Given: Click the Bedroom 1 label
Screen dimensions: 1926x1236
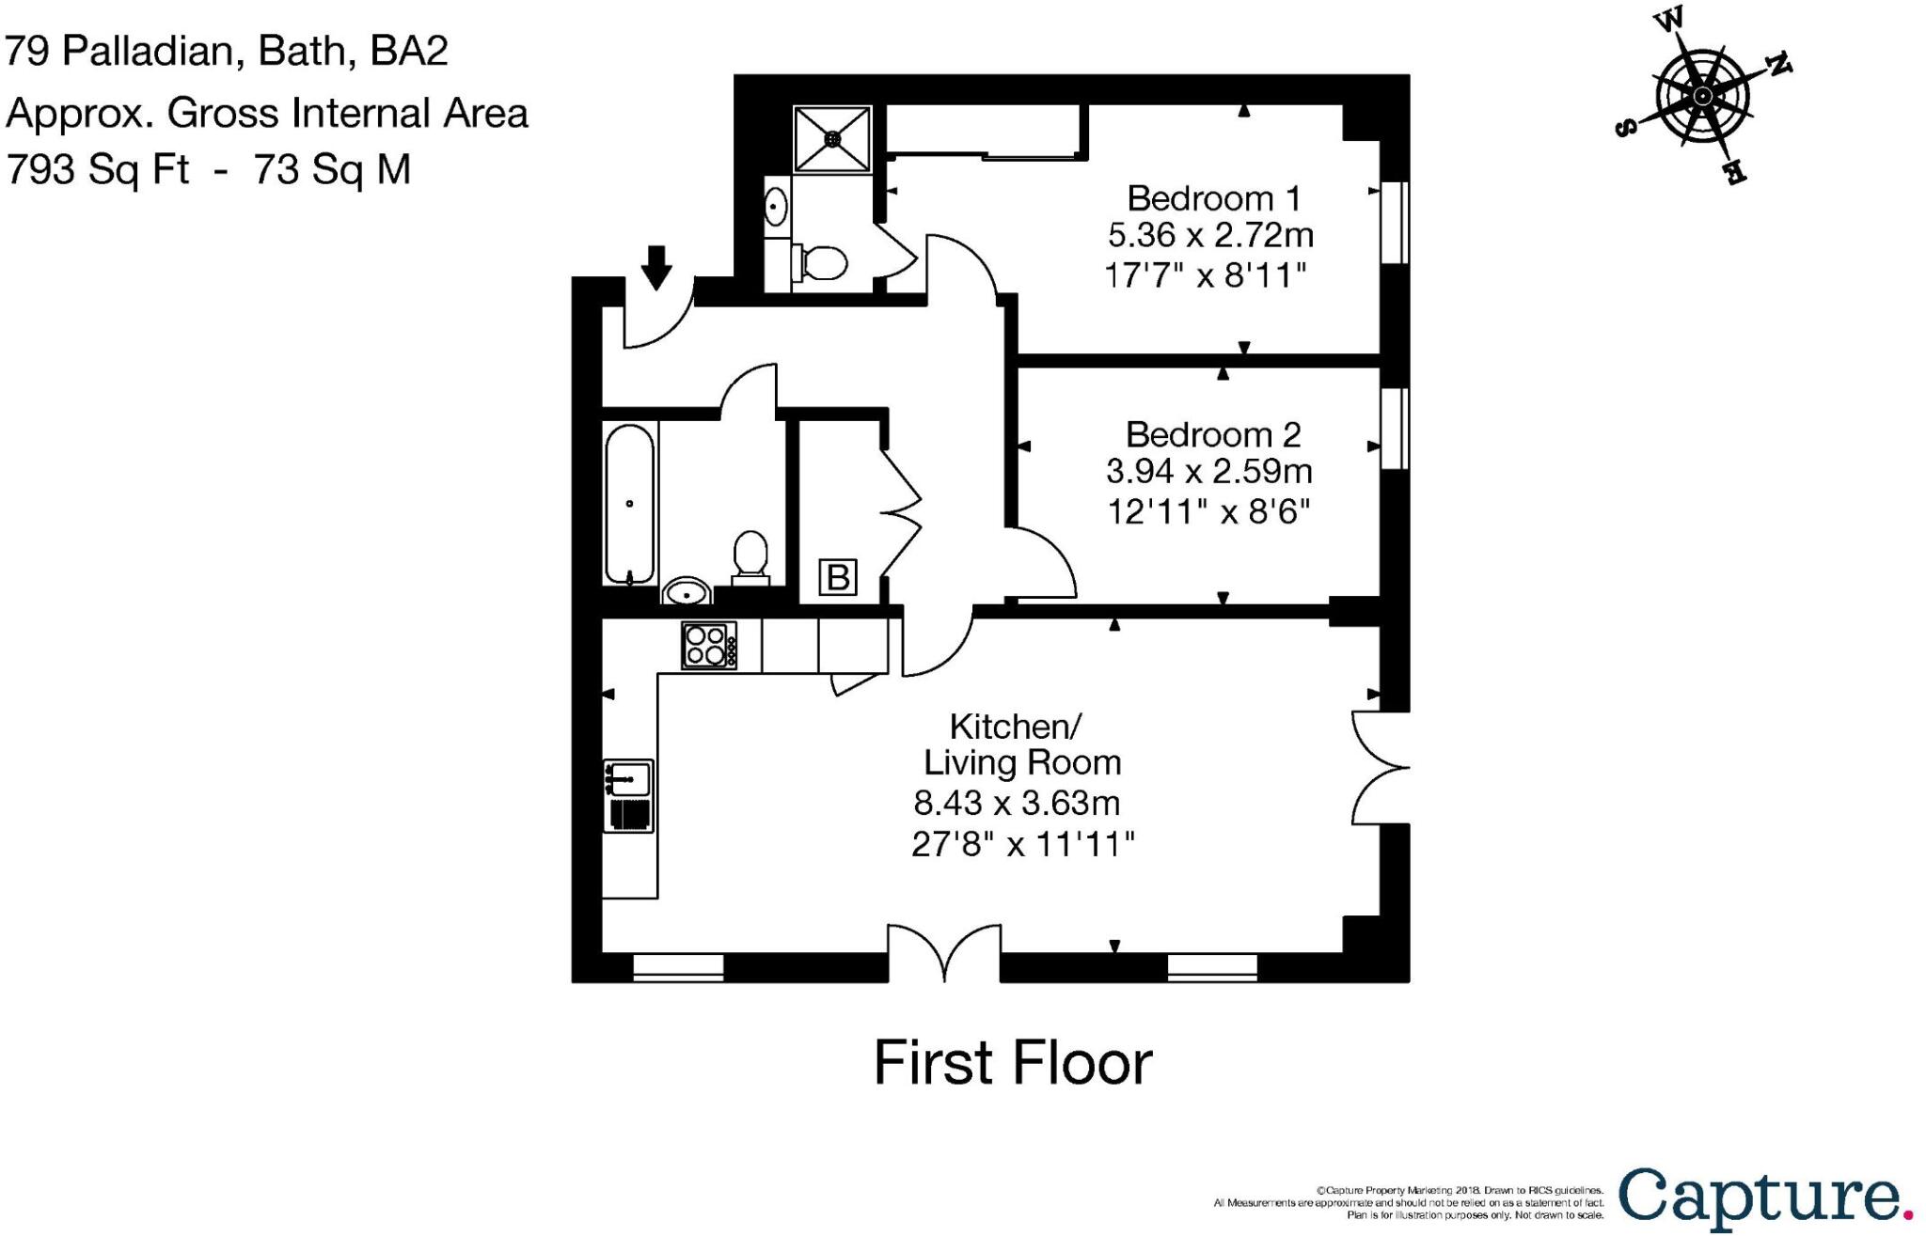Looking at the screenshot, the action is pyautogui.click(x=1213, y=198).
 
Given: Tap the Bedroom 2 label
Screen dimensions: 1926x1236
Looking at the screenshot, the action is pyautogui.click(x=1213, y=434).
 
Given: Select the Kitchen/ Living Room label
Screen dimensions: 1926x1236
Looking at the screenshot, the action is pyautogui.click(x=1020, y=743).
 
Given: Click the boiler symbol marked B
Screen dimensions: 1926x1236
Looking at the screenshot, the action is pyautogui.click(x=838, y=576).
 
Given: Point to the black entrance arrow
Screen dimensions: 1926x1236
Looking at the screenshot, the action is pyautogui.click(x=656, y=266).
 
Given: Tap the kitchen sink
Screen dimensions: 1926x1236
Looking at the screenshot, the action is pyautogui.click(x=628, y=778).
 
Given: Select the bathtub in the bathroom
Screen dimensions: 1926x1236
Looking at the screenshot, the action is pyautogui.click(x=629, y=504).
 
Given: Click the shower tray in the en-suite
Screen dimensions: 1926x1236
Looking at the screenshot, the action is pyautogui.click(x=832, y=139).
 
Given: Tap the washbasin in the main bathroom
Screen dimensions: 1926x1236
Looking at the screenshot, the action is pyautogui.click(x=687, y=592).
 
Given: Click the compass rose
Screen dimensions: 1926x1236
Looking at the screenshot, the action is pyautogui.click(x=1702, y=96).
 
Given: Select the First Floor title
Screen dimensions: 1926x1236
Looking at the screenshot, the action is pyautogui.click(x=1013, y=1063).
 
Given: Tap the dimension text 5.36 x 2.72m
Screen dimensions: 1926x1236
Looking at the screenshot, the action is pyautogui.click(x=1209, y=234).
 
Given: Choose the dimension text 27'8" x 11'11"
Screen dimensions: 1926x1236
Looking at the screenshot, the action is pyautogui.click(x=1022, y=844).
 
